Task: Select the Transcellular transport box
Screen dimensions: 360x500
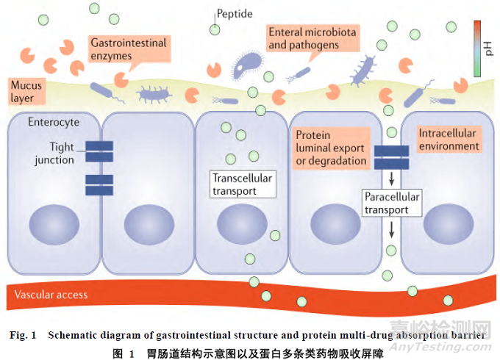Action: pos(243,184)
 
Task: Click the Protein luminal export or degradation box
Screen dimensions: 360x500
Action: pos(331,148)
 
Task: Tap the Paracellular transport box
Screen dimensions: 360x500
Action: pos(392,203)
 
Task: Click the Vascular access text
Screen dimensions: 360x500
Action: pos(51,295)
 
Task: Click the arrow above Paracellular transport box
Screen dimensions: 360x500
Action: pos(391,177)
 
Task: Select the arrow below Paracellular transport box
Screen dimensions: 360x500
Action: pos(391,228)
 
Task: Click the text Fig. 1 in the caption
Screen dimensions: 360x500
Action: pos(24,335)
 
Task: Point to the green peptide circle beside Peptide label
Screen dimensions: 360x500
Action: pos(214,30)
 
